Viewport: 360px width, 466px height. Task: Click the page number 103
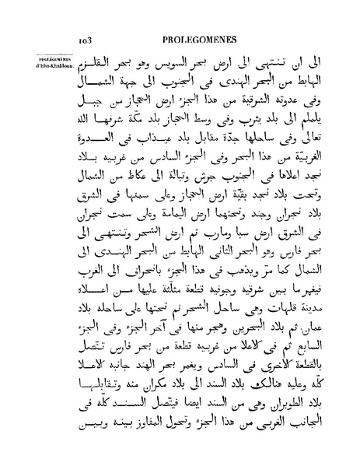coord(86,35)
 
